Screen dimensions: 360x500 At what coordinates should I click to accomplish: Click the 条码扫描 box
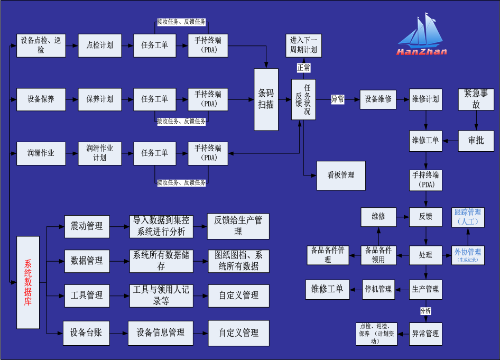click(266, 99)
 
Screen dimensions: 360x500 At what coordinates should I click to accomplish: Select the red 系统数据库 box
click(28, 282)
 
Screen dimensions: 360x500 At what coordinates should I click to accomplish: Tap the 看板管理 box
click(341, 176)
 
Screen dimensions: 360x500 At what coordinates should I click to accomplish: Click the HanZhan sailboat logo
click(422, 35)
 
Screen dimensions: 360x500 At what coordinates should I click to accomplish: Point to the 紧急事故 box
click(476, 99)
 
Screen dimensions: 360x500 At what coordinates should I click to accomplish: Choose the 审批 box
click(476, 141)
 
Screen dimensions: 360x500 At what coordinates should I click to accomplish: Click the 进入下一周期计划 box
click(303, 45)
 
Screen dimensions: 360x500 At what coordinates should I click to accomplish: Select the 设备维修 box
click(378, 99)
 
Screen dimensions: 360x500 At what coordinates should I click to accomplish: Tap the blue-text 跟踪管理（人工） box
click(468, 217)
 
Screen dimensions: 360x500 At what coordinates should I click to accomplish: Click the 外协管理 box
click(468, 254)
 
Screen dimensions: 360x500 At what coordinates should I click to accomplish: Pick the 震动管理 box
click(87, 226)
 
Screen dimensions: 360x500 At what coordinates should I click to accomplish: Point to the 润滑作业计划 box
click(100, 153)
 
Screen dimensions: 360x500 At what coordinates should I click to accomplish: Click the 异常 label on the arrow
click(337, 99)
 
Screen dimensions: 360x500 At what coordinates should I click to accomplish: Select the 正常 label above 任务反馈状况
click(303, 68)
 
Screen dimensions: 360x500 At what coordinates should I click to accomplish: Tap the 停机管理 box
click(378, 289)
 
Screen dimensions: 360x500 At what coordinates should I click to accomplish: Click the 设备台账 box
click(86, 333)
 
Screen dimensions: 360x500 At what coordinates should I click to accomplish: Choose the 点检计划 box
click(100, 45)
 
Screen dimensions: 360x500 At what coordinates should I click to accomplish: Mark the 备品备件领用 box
click(378, 255)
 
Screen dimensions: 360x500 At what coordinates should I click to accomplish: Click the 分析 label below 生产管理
click(425, 311)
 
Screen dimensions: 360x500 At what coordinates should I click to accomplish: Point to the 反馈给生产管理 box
click(238, 226)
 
